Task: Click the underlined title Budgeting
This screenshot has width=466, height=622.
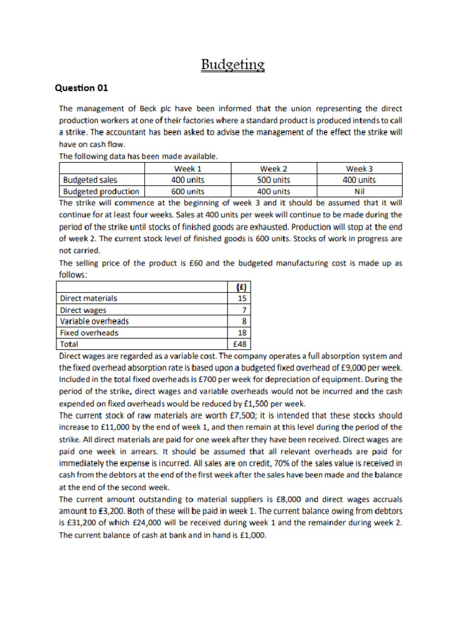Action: pos(233,64)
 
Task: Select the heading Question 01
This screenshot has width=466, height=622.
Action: pos(81,88)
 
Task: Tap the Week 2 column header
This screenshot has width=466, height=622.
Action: pos(274,168)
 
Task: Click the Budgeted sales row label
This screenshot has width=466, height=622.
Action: pos(90,180)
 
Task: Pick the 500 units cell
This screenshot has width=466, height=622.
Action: pos(274,180)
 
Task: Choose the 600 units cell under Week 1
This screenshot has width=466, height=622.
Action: pos(187,191)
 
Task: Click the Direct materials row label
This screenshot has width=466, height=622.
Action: pos(89,298)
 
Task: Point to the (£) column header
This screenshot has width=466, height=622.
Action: pos(239,287)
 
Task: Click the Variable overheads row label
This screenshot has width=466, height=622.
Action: pos(95,321)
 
